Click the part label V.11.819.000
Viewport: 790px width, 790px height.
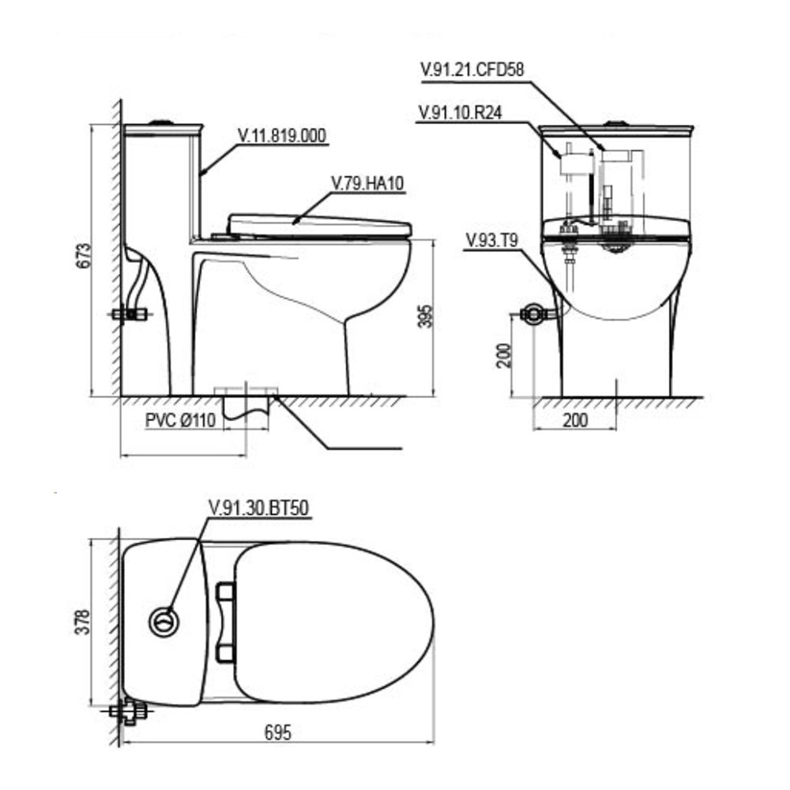[x=282, y=136]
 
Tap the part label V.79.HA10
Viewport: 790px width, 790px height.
[x=367, y=183]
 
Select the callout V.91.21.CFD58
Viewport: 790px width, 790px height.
[x=472, y=69]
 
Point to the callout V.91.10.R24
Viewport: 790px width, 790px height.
[x=461, y=112]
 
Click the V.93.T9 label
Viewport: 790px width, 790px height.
[x=492, y=240]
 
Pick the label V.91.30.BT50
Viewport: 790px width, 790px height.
[x=258, y=507]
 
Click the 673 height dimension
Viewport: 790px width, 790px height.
[x=85, y=256]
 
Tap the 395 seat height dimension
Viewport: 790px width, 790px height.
[x=426, y=316]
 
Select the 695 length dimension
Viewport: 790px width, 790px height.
[x=278, y=732]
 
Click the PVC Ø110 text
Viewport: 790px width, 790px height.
[x=180, y=420]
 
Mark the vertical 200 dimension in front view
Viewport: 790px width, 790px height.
[x=504, y=355]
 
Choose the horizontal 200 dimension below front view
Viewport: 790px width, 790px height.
[x=575, y=419]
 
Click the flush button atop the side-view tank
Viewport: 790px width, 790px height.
[x=162, y=122]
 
